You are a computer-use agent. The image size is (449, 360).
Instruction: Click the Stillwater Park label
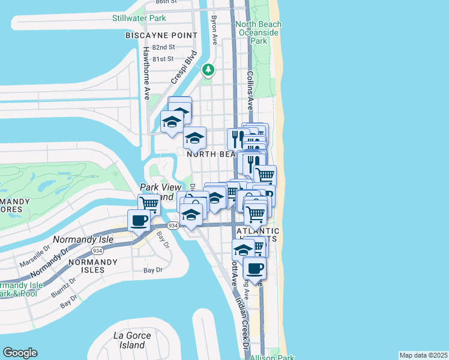click(139, 18)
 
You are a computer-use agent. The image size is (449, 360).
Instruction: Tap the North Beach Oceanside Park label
click(259, 32)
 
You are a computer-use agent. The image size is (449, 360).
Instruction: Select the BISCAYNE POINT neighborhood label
click(161, 35)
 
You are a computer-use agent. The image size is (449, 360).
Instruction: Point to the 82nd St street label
click(163, 47)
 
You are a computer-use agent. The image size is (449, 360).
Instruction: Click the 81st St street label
click(162, 59)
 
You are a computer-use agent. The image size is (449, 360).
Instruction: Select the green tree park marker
click(208, 70)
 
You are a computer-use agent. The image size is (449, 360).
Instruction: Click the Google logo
click(20, 353)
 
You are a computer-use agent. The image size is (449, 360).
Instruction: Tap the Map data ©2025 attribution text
click(423, 355)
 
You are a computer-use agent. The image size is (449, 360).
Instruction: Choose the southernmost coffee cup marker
click(255, 269)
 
